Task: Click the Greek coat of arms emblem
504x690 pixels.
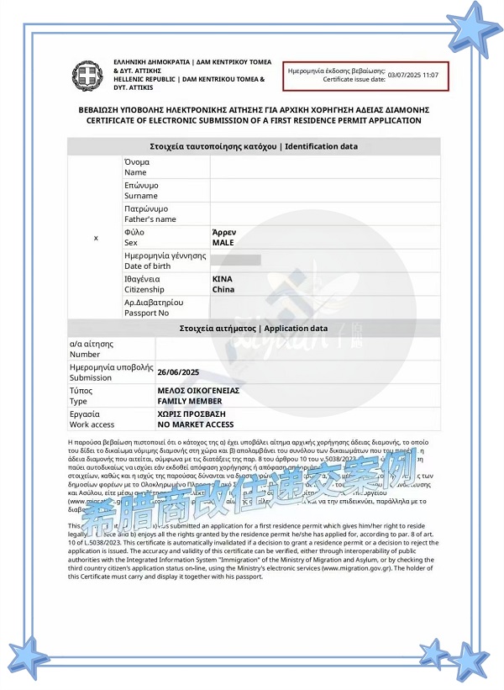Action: click(87, 76)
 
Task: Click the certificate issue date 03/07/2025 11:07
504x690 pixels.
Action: click(414, 76)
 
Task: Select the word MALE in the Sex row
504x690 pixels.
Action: click(223, 242)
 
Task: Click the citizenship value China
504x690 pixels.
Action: click(223, 289)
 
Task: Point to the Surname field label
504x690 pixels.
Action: click(140, 196)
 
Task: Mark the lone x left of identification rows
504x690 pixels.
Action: click(95, 238)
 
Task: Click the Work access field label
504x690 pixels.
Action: click(92, 424)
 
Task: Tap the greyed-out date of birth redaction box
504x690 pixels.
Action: click(238, 260)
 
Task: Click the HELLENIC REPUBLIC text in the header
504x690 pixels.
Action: click(144, 80)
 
